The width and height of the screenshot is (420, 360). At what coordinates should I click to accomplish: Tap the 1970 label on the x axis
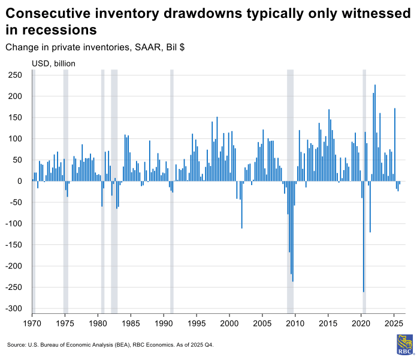(32, 323)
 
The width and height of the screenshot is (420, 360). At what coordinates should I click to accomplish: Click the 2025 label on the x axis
(393, 323)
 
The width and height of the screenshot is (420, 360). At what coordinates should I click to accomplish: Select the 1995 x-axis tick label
(196, 323)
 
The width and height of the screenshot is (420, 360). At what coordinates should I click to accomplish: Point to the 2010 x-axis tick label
(295, 323)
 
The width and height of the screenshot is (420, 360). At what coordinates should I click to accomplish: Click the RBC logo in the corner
(404, 344)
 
